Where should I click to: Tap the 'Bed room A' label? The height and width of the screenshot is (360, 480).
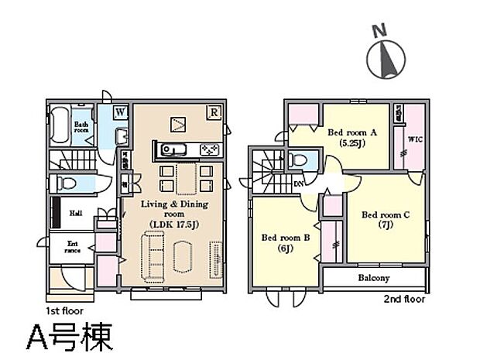[351, 132]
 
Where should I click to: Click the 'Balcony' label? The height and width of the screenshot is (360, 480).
[373, 278]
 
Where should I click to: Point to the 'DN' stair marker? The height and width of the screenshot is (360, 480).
[299, 183]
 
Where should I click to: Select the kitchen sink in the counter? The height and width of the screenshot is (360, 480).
[171, 149]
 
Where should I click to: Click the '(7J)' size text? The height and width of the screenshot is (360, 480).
[386, 225]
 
